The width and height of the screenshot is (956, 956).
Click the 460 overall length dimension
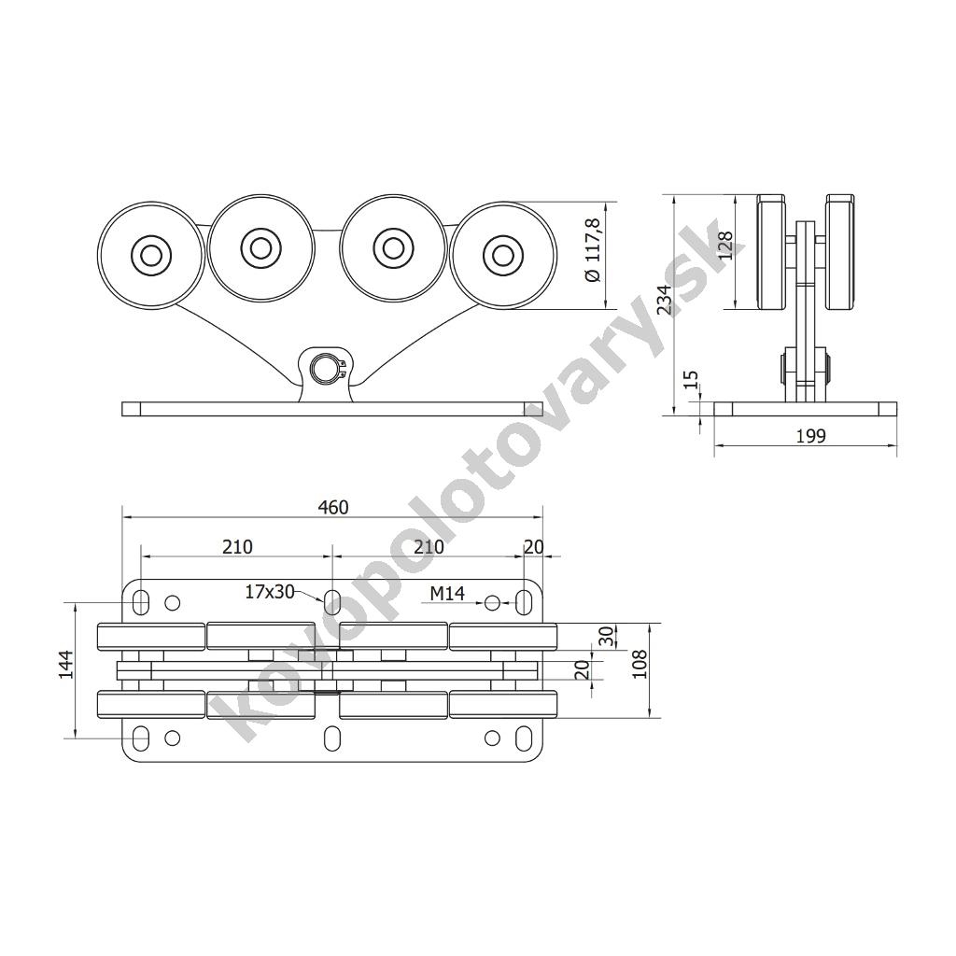[333, 507]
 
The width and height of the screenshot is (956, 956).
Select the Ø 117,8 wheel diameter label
[593, 250]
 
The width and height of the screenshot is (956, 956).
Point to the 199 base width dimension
[811, 436]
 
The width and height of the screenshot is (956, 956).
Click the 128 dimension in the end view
[724, 246]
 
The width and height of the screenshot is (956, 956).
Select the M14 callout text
[447, 593]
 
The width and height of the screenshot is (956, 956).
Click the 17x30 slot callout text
[270, 591]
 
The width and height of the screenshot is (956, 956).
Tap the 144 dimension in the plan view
[66, 665]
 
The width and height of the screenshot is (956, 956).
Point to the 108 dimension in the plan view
[639, 664]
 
